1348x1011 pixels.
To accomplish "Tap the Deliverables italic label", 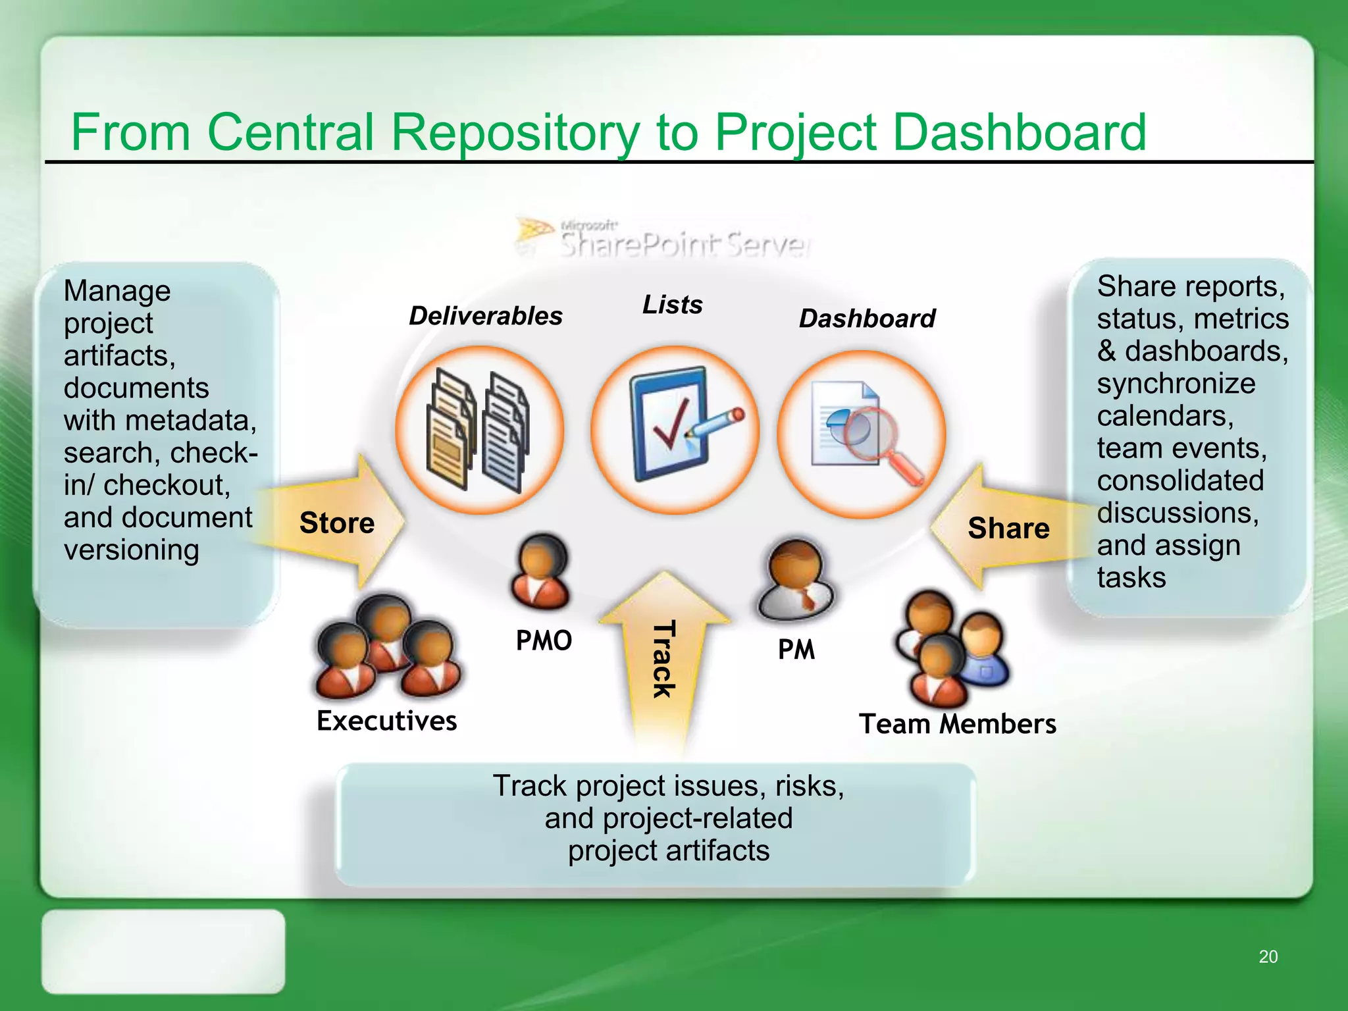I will (x=486, y=316).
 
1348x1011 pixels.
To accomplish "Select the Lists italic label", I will (x=672, y=305).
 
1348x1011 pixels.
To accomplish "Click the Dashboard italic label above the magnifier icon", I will (x=867, y=319).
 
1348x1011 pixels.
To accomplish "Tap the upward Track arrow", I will (x=663, y=658).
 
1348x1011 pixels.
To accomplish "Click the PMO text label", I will (x=544, y=640).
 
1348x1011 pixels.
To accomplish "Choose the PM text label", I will (x=796, y=650).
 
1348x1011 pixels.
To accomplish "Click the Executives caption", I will (x=387, y=721).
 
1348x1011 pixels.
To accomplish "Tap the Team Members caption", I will (x=958, y=724).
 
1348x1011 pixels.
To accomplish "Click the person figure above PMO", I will (x=541, y=571).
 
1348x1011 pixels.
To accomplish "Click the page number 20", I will (x=1268, y=956).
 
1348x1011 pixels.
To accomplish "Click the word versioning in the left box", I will (x=132, y=550).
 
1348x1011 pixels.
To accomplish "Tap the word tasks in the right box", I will (x=1131, y=577).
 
